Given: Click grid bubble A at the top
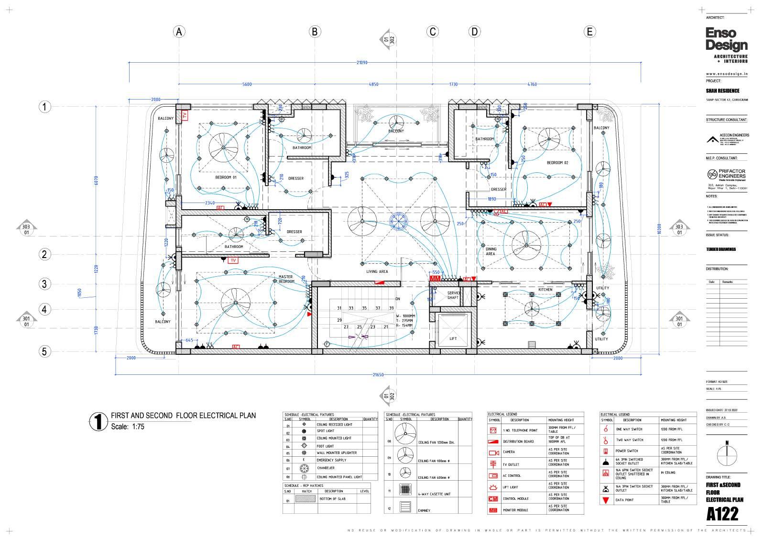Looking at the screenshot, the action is pyautogui.click(x=179, y=32).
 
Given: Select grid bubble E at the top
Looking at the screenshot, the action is pyautogui.click(x=589, y=32).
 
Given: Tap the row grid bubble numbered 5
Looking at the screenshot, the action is pyautogui.click(x=44, y=351).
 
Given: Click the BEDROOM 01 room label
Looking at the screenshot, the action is pyautogui.click(x=226, y=177).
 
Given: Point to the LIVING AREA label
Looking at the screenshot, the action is pyautogui.click(x=377, y=271).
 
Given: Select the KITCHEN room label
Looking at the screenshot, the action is pyautogui.click(x=545, y=290).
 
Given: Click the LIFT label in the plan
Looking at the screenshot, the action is pyautogui.click(x=453, y=338).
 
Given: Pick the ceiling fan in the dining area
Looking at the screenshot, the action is pyautogui.click(x=525, y=243).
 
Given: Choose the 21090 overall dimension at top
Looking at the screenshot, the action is pyautogui.click(x=362, y=62).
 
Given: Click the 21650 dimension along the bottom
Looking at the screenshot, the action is pyautogui.click(x=378, y=375).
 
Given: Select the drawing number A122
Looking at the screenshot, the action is pyautogui.click(x=722, y=514).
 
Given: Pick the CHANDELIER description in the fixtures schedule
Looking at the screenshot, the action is pyautogui.click(x=325, y=468).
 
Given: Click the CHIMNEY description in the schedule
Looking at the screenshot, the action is pyautogui.click(x=424, y=510).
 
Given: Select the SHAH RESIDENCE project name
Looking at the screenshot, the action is pyautogui.click(x=722, y=90).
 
